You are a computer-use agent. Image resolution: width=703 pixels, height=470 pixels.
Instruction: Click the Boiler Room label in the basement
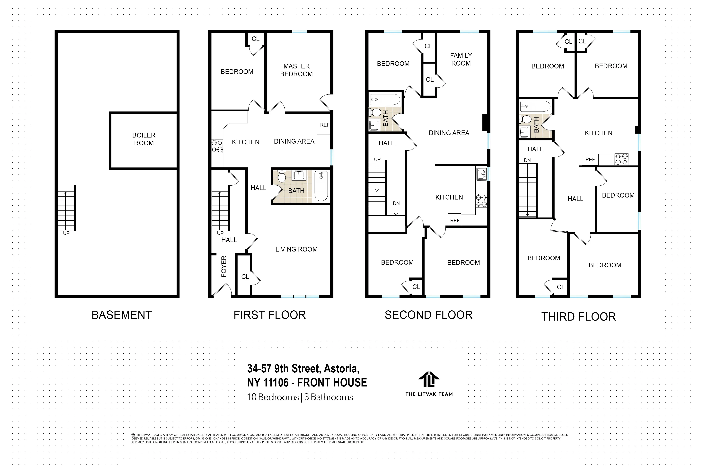(x=144, y=139)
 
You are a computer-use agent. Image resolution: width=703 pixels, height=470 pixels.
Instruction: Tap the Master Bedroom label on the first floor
(x=296, y=70)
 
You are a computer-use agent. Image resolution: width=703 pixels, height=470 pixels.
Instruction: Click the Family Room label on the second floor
(x=461, y=59)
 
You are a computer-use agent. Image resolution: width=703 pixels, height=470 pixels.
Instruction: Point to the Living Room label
(x=296, y=249)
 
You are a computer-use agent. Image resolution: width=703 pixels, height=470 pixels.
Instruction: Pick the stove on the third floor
(x=621, y=159)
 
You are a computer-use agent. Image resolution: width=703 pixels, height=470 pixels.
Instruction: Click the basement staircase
(x=66, y=211)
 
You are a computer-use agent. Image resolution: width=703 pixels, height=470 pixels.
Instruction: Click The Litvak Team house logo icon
(x=429, y=379)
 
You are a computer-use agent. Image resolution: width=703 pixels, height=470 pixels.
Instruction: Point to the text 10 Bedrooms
(x=273, y=397)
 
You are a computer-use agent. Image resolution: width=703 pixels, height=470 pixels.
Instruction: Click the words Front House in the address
(x=332, y=383)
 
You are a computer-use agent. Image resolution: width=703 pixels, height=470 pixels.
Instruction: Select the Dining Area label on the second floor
(x=449, y=133)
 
